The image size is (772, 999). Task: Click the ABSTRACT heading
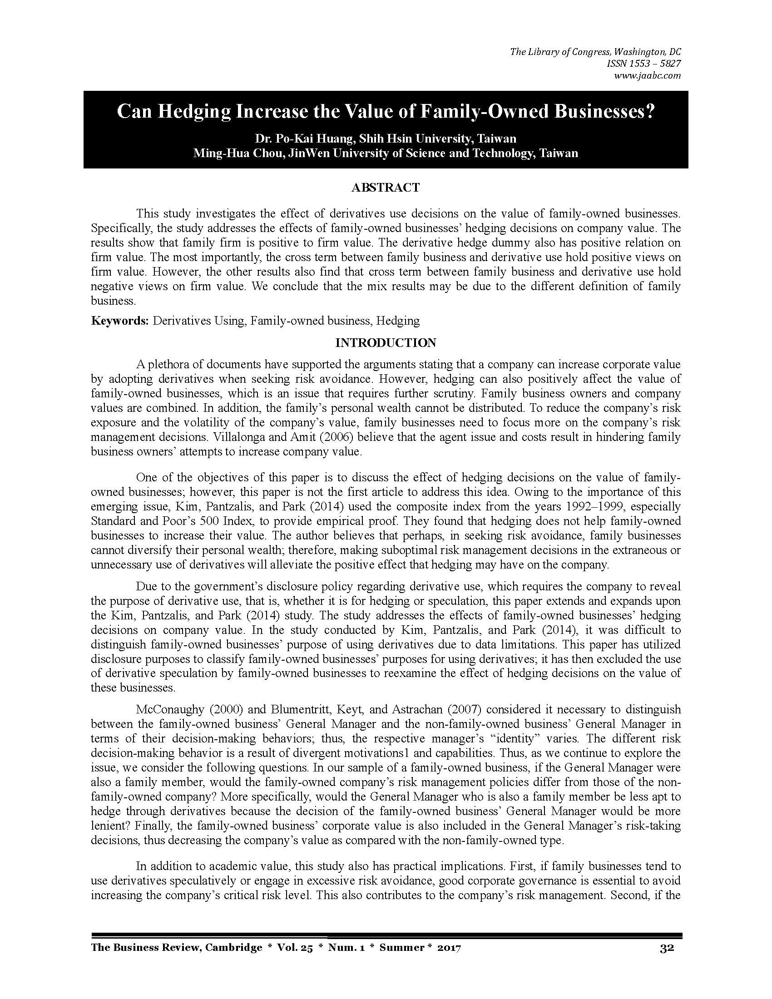385,188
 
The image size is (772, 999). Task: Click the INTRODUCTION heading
386,343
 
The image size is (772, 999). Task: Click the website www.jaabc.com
649,75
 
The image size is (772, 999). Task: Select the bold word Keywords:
120,321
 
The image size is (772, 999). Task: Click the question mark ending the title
649,112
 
